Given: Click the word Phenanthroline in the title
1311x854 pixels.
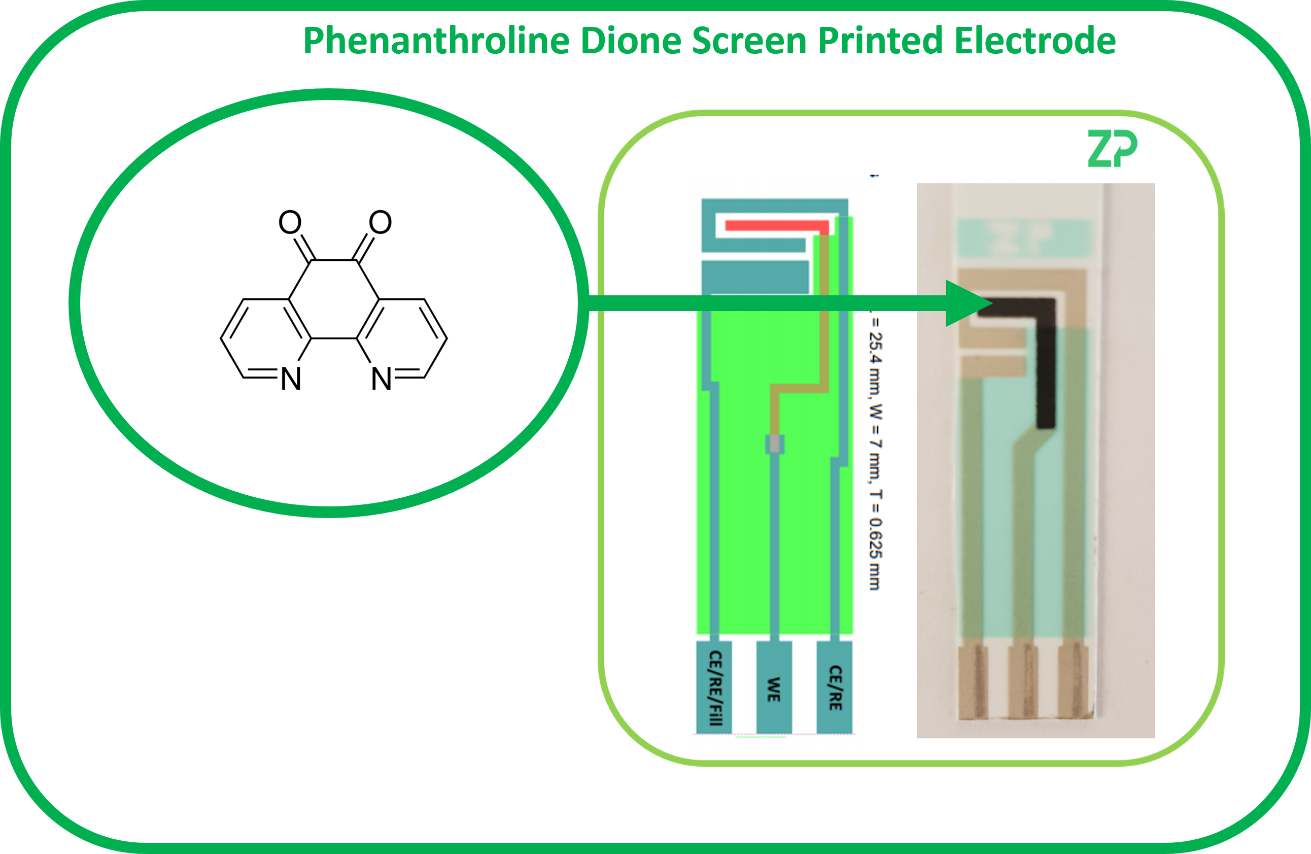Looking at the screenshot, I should click(436, 41).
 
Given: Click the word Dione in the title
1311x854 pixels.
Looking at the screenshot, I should click(631, 41).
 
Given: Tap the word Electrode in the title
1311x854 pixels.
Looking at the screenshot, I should click(1035, 41).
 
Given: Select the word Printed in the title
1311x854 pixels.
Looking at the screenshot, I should click(880, 41).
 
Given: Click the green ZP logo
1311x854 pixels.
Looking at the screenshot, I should click(1112, 149).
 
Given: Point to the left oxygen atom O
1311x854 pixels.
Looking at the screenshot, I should click(290, 223).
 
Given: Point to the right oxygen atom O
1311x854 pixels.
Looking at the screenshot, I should click(380, 223).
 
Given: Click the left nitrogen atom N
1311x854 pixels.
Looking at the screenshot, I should click(291, 379).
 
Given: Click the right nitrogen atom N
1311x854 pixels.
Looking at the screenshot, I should click(381, 379).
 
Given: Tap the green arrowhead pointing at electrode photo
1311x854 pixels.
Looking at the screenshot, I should click(967, 303).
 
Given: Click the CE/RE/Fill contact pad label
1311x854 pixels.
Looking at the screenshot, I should click(714, 688).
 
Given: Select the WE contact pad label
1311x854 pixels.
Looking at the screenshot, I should click(774, 689).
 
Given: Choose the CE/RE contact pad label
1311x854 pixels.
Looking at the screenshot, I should click(835, 688).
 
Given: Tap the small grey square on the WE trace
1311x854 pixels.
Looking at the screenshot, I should click(775, 443).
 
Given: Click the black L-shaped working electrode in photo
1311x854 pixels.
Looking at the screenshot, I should click(1046, 364).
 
